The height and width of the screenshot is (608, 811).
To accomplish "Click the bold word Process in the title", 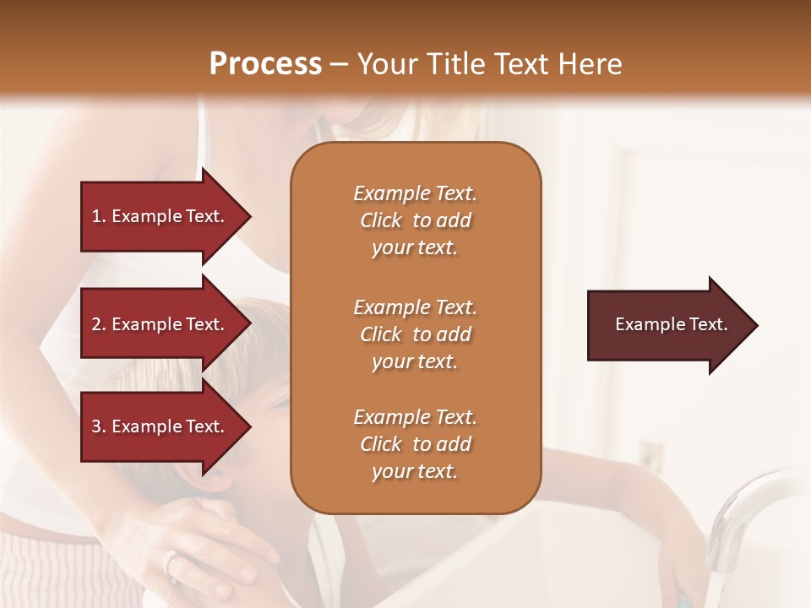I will [265, 63].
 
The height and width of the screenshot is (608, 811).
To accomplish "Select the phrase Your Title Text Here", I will [489, 64].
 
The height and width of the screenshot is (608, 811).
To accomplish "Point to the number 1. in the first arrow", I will [98, 216].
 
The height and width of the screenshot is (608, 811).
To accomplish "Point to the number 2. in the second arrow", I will [98, 324].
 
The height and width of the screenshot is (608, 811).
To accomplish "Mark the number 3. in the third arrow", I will [98, 426].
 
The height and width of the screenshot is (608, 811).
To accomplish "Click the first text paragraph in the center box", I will [415, 220].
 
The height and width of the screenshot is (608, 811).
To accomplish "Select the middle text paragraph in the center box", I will [415, 334].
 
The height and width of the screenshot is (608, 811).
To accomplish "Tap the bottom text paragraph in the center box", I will [415, 444].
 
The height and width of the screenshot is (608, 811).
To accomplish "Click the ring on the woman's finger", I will [171, 560].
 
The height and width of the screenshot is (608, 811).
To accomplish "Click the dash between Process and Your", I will [339, 64].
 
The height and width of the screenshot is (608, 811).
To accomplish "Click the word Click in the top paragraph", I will [381, 220].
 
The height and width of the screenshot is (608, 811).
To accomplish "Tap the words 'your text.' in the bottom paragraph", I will [415, 471].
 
